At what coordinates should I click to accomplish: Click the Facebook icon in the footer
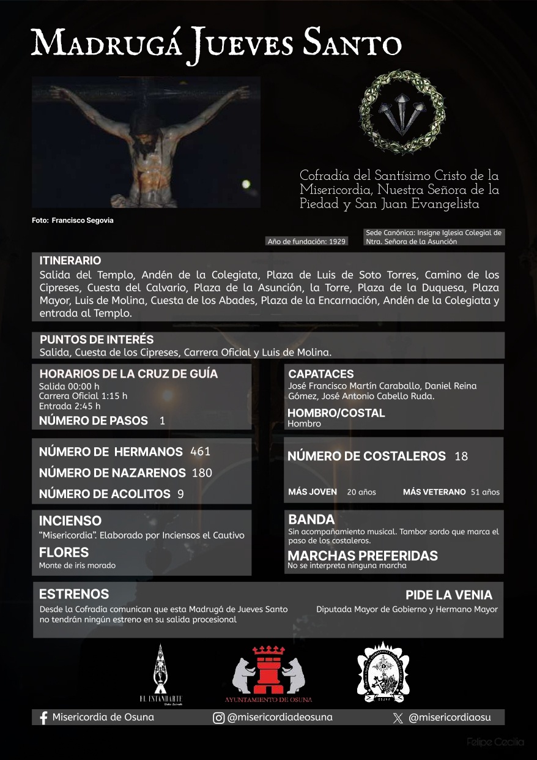pyautogui.click(x=43, y=718)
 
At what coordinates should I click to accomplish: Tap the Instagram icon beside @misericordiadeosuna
pyautogui.click(x=218, y=718)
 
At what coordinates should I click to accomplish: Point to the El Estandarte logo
pyautogui.click(x=160, y=673)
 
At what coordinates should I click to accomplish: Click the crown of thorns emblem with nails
pyautogui.click(x=402, y=112)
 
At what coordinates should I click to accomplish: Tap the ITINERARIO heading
pyautogui.click(x=70, y=261)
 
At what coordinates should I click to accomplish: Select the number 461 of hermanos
pyautogui.click(x=200, y=452)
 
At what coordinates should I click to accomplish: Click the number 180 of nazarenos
pyautogui.click(x=202, y=472)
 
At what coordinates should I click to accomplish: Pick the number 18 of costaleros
pyautogui.click(x=461, y=456)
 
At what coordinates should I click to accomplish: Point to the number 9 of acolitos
pyautogui.click(x=180, y=494)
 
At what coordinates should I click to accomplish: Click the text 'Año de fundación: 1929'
pyautogui.click(x=307, y=241)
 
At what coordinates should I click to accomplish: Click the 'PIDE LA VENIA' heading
pyautogui.click(x=448, y=595)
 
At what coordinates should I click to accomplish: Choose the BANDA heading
pyautogui.click(x=311, y=520)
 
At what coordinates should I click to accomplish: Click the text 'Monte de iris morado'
pyautogui.click(x=77, y=565)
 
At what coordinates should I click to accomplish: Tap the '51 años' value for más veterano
pyautogui.click(x=485, y=492)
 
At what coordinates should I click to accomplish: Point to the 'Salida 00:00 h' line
pyautogui.click(x=69, y=386)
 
